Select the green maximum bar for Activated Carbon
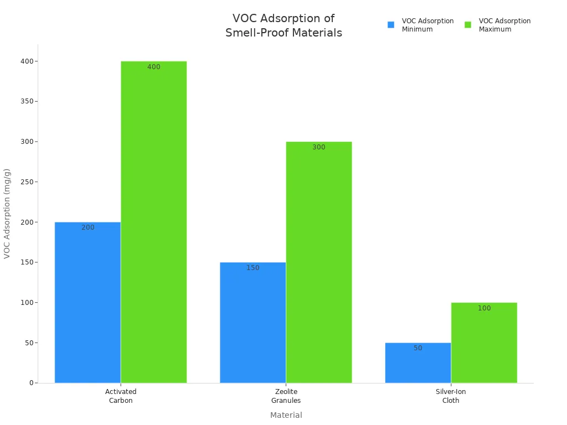[x=153, y=221]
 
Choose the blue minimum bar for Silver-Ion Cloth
[x=417, y=362]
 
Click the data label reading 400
[x=153, y=67]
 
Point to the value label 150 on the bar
[x=252, y=268]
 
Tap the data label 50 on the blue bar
[x=417, y=348]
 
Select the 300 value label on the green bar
[x=318, y=147]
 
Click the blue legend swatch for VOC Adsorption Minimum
[x=391, y=25]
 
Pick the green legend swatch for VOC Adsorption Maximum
[x=468, y=25]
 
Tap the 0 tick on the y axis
[x=32, y=383]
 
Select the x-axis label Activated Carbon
[x=121, y=396]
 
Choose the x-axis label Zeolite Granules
[x=286, y=396]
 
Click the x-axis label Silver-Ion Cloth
[x=451, y=396]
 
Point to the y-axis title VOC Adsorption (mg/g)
[x=7, y=213]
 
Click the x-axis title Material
[x=286, y=415]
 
